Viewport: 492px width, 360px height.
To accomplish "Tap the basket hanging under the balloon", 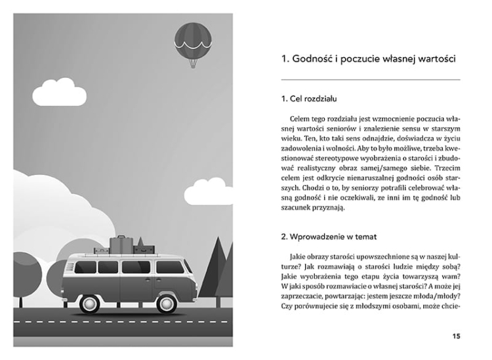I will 192,64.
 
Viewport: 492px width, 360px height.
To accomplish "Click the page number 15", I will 456,336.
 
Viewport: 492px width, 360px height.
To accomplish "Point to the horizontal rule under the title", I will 367,80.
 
